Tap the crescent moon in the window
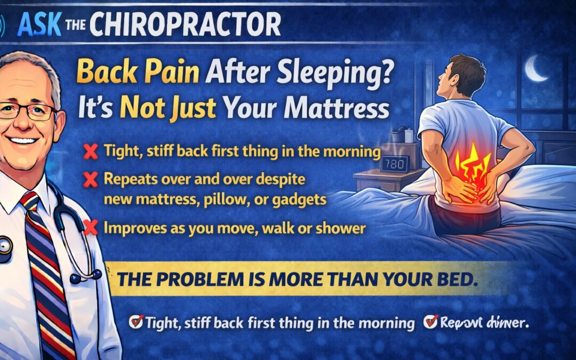(x=535, y=69)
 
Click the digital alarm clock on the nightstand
(x=395, y=163)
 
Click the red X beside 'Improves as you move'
(x=92, y=228)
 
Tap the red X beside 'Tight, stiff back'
(x=92, y=153)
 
